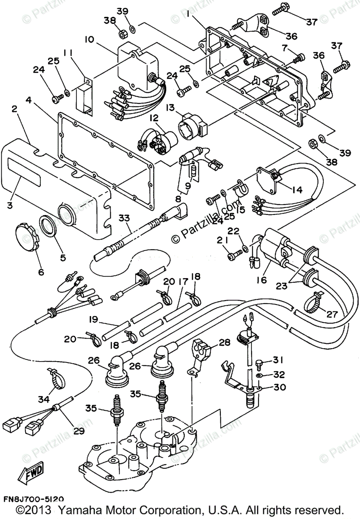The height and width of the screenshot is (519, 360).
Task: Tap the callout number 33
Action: coord(124,218)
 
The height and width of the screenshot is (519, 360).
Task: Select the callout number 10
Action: coord(89,40)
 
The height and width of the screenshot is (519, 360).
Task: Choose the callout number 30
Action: coord(280,388)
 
